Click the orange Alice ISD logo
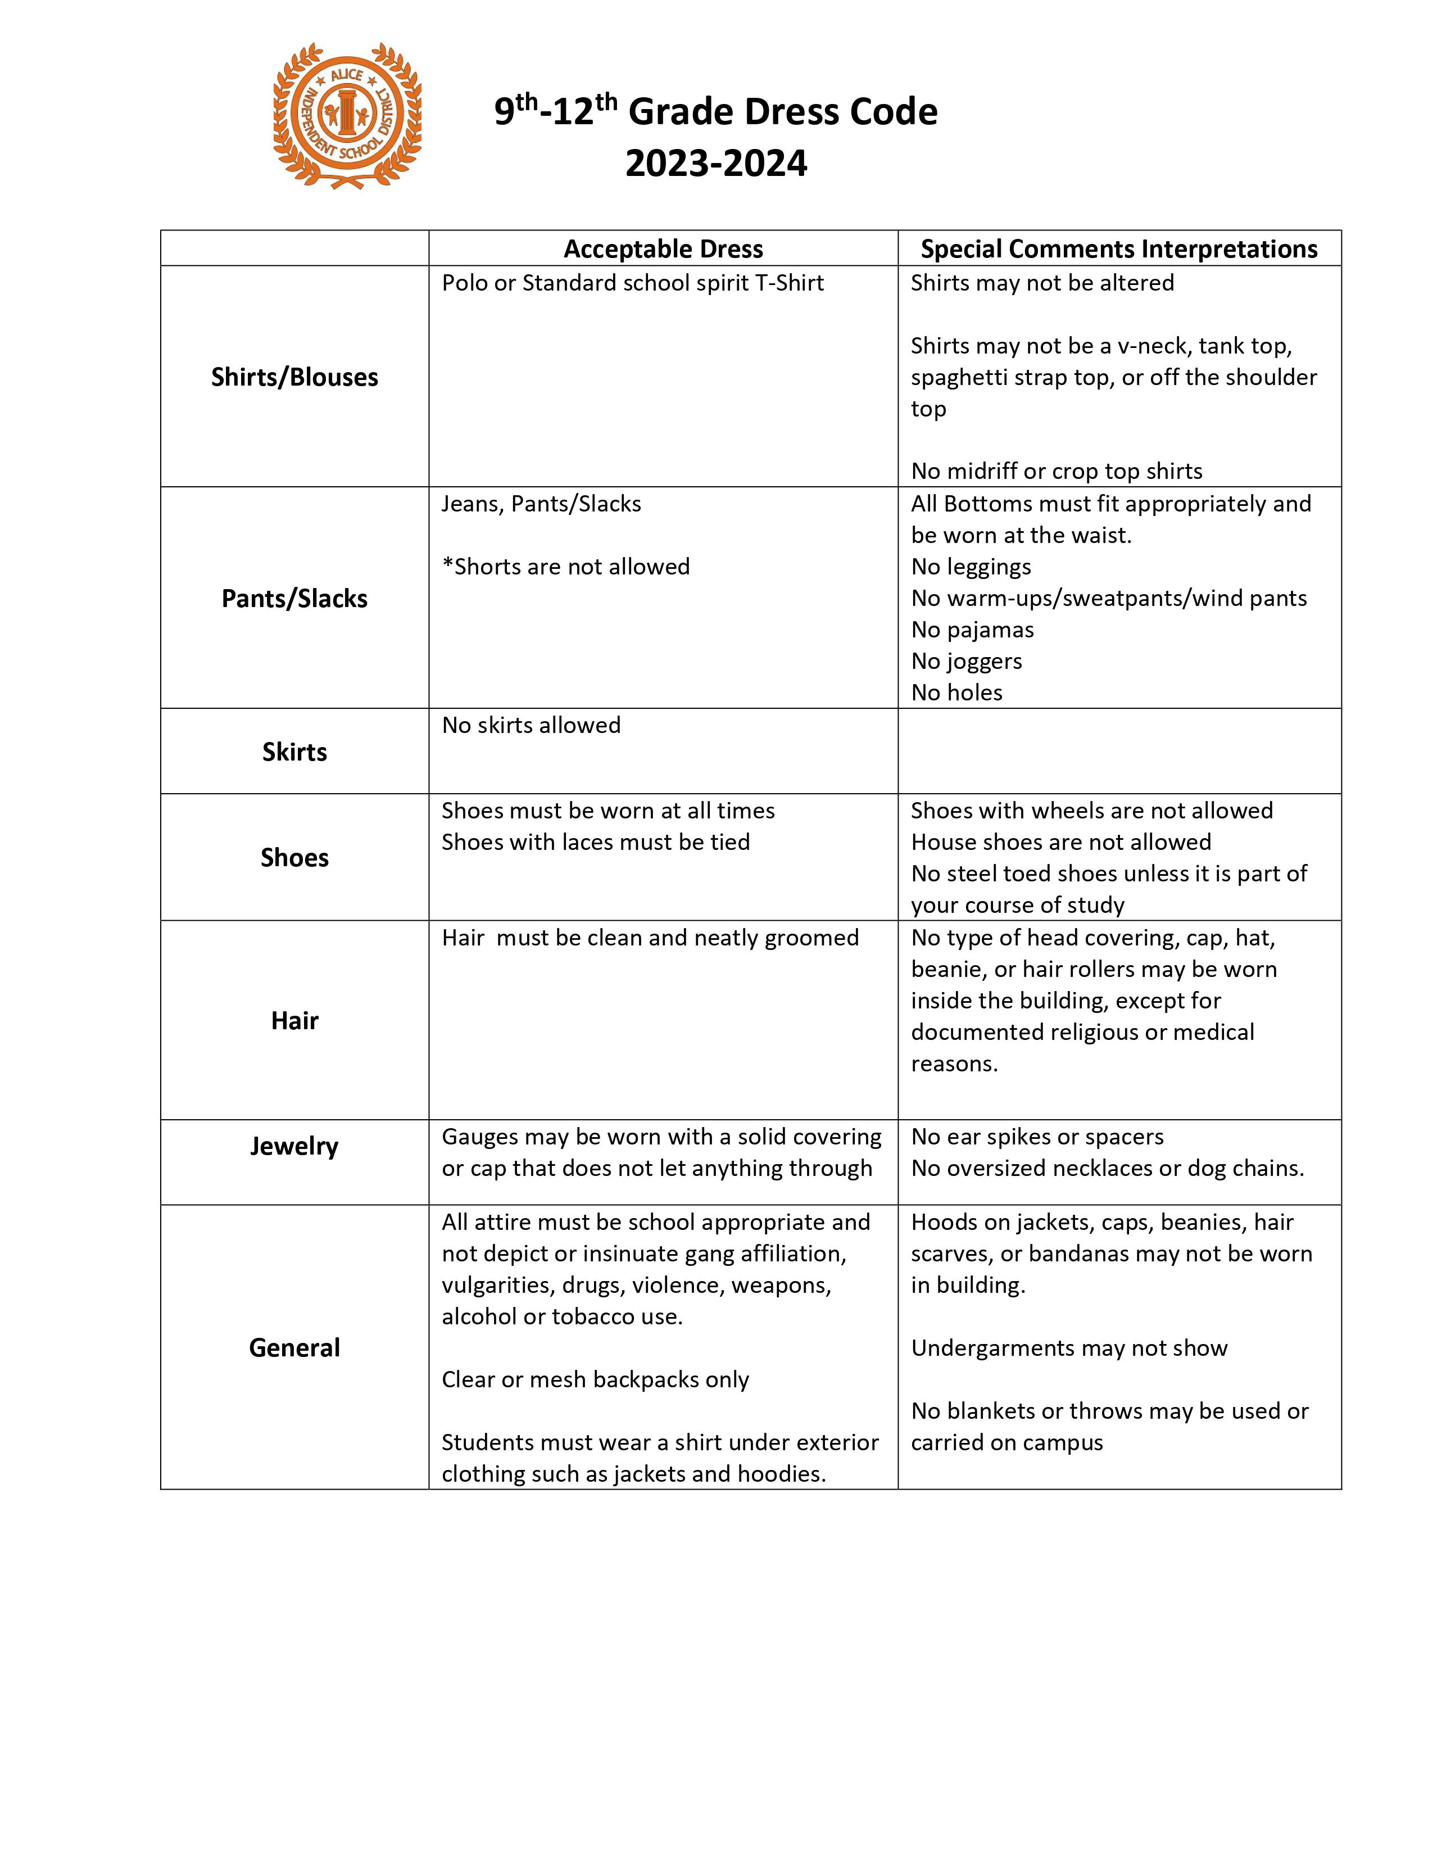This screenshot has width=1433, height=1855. pos(347,116)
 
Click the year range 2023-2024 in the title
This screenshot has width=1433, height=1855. pos(717,163)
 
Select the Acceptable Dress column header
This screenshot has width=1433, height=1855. pos(663,249)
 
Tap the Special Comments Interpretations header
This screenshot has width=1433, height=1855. pos(1119,249)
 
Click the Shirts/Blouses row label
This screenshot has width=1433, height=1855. pos(294,377)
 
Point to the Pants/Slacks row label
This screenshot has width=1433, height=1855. pos(294,599)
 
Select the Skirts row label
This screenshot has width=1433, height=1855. pos(294,752)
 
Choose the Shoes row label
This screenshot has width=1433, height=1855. pos(294,858)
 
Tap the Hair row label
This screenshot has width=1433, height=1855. pos(294,1021)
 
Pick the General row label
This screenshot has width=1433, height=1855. pos(294,1348)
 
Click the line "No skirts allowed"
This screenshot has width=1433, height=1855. pos(532,725)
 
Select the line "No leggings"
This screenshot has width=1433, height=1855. pos(971,567)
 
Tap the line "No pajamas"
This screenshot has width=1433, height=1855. pos(973,630)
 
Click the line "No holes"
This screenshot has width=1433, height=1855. pos(957,692)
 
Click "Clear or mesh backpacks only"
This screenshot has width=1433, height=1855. pos(595,1379)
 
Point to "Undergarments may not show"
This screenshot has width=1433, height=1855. pos(1069,1348)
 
